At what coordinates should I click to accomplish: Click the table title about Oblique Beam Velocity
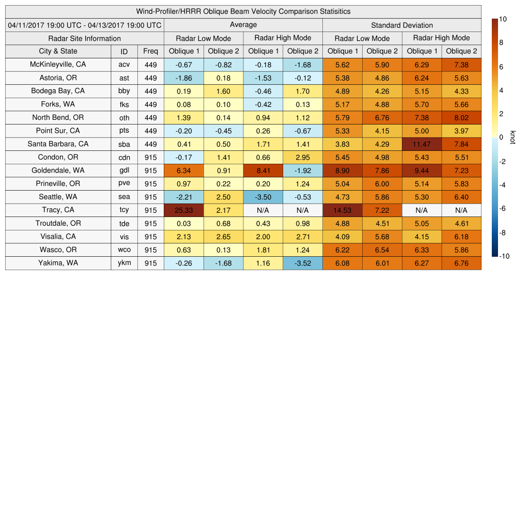[243, 11]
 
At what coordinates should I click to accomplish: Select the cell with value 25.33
[184, 210]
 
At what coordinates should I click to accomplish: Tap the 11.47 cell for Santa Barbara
[422, 144]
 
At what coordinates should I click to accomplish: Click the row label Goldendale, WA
[58, 170]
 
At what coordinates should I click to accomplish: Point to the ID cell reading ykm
[124, 263]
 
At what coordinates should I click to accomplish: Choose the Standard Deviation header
[402, 25]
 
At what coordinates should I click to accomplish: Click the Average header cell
[243, 25]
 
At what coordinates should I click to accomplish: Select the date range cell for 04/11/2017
[85, 25]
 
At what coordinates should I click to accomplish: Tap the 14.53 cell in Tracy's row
[342, 210]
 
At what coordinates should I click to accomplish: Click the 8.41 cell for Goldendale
[263, 170]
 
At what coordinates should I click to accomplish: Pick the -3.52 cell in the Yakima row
[303, 263]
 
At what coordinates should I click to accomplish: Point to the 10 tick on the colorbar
[503, 19]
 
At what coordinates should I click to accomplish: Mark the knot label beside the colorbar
[512, 137]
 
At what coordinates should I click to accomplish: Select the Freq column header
[151, 51]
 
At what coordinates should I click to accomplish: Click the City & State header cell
[58, 51]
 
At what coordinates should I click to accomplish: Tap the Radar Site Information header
[85, 38]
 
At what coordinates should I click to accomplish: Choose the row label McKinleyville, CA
[58, 65]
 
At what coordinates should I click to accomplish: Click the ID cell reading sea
[124, 197]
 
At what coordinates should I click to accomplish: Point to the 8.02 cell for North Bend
[461, 118]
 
